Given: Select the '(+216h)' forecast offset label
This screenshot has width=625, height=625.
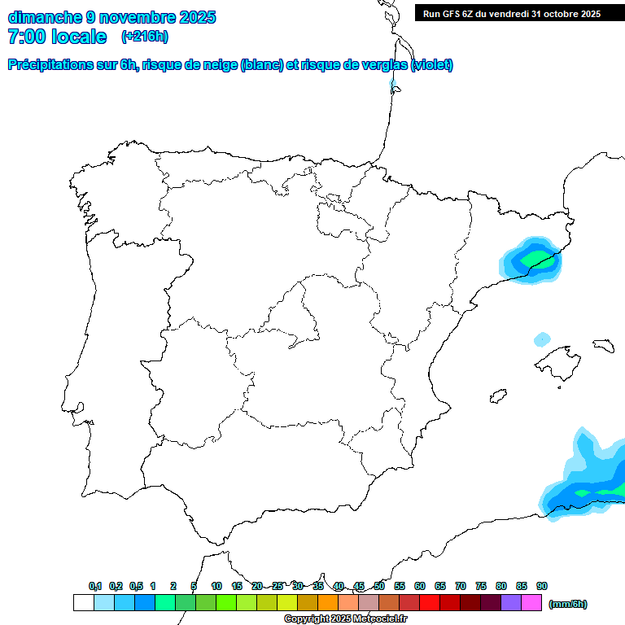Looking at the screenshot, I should (144, 37).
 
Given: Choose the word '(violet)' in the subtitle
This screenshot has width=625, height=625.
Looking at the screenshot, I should (432, 65).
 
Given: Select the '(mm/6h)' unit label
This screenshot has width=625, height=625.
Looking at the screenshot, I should (567, 604).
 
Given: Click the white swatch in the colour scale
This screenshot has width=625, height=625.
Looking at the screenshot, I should (83, 603).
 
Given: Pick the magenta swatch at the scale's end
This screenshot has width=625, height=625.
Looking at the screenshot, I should (531, 603).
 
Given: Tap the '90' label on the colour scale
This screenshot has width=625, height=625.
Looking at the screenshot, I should (542, 586).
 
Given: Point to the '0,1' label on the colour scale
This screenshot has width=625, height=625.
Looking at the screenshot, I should (95, 586).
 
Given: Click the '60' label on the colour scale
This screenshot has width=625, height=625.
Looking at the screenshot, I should (420, 586).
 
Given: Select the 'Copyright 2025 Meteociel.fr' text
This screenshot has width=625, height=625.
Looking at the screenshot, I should (346, 619).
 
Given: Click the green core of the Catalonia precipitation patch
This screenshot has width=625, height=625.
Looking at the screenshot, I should (532, 258).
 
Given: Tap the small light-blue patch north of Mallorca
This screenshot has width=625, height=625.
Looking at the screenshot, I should (542, 339).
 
